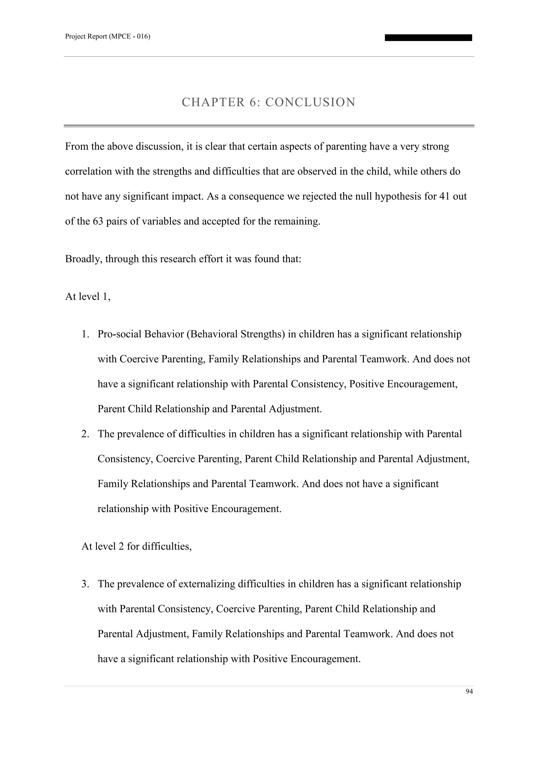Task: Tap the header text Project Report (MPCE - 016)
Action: point(108,37)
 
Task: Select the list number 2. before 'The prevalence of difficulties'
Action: point(85,434)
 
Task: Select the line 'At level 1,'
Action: point(88,296)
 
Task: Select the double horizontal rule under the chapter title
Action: point(269,126)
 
